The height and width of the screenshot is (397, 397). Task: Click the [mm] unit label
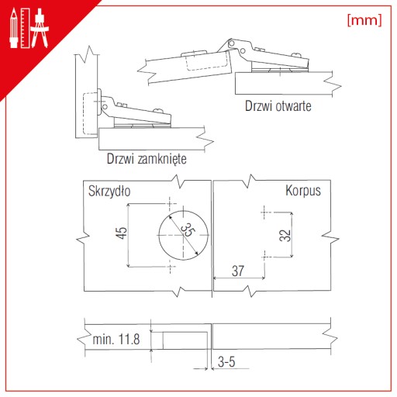click(x=364, y=20)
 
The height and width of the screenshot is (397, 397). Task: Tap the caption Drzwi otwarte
click(x=278, y=106)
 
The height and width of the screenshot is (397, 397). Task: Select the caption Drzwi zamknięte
click(x=147, y=159)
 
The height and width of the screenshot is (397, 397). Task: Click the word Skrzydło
click(x=109, y=192)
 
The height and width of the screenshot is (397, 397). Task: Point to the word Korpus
click(x=303, y=191)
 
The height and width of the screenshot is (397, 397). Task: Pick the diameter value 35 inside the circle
click(x=188, y=230)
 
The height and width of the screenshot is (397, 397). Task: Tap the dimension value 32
click(x=285, y=235)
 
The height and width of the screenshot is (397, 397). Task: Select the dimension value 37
click(x=238, y=271)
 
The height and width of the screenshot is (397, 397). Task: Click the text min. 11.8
click(x=116, y=339)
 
